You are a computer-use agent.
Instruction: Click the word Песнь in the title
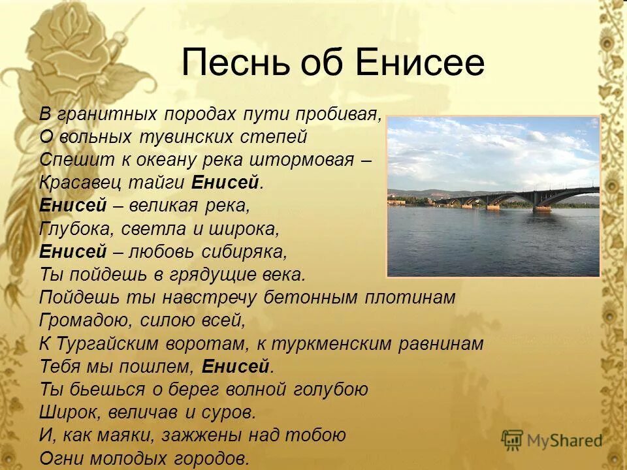[x=234, y=63]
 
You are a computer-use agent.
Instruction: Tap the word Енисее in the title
[x=420, y=63]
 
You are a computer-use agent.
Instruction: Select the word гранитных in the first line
[x=107, y=114]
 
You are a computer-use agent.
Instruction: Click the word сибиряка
[x=244, y=252]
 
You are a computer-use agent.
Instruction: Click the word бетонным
[x=310, y=298]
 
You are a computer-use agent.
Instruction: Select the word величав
[x=142, y=413]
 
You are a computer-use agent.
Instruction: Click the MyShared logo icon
[x=512, y=441]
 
